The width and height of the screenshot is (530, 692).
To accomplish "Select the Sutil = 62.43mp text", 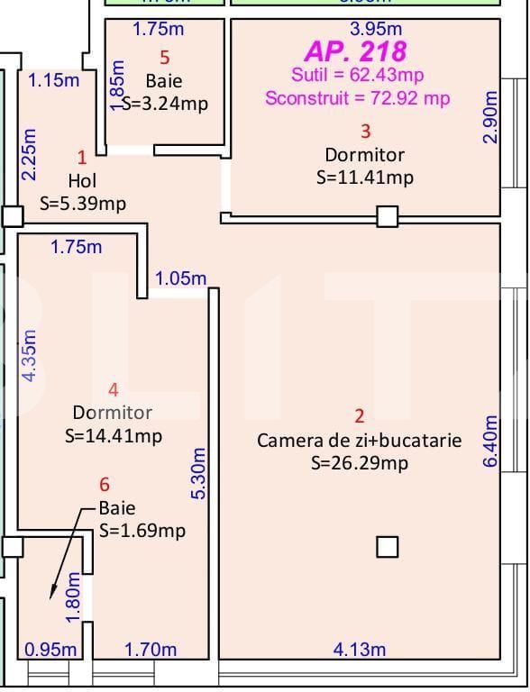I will (x=357, y=74).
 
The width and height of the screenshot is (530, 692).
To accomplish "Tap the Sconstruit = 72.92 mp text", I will (x=357, y=97).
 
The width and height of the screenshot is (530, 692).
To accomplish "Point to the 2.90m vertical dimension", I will (x=489, y=116).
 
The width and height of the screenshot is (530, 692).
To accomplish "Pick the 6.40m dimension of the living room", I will (x=489, y=441).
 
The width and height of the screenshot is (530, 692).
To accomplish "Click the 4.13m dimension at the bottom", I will (x=360, y=649).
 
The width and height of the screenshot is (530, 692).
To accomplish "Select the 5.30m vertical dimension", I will (x=200, y=472).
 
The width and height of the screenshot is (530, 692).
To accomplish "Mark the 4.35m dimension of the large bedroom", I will (x=29, y=355).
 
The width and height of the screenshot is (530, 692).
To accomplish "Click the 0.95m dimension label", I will (x=50, y=649).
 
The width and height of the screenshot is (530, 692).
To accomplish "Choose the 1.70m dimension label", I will (x=150, y=649).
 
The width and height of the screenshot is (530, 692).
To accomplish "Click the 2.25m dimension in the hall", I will (x=29, y=153).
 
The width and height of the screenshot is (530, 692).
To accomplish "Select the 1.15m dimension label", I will (x=53, y=79).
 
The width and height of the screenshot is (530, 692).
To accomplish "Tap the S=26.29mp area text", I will (x=359, y=463).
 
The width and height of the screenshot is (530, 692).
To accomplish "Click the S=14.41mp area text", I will (x=114, y=436).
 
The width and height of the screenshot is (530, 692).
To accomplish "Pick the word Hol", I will (x=82, y=181).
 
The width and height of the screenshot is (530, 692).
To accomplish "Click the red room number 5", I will (x=164, y=57).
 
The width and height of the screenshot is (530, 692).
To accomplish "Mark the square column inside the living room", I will (x=387, y=547).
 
